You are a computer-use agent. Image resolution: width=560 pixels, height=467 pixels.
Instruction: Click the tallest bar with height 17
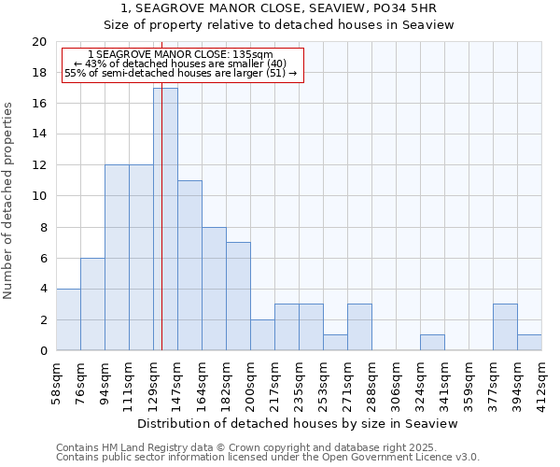pyautogui.click(x=165, y=219)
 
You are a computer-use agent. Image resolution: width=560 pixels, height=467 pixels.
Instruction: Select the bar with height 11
pyautogui.click(x=189, y=265)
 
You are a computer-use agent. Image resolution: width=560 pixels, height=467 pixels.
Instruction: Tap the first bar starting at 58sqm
pyautogui.click(x=68, y=319)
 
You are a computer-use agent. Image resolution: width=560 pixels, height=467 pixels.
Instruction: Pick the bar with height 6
pyautogui.click(x=92, y=304)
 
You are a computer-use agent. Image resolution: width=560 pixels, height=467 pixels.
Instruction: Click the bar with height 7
pyautogui.click(x=238, y=296)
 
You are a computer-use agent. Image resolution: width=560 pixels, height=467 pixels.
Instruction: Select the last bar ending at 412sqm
pyautogui.click(x=529, y=343)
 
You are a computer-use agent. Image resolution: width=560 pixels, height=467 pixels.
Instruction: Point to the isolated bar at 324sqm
pyautogui.click(x=432, y=343)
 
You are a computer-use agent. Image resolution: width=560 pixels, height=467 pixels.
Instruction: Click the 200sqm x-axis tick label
pyautogui.click(x=251, y=383)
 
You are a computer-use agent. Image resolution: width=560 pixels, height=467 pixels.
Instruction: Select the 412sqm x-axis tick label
pyautogui.click(x=542, y=383)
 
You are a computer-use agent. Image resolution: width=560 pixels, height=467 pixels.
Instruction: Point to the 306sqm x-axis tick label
pyautogui.click(x=397, y=383)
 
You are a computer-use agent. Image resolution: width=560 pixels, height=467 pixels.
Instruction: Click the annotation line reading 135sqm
pyautogui.click(x=183, y=55)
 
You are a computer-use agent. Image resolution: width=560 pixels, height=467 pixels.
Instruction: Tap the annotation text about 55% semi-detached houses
pyautogui.click(x=181, y=73)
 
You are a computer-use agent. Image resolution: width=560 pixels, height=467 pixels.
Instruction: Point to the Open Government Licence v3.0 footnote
pyautogui.click(x=268, y=458)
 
